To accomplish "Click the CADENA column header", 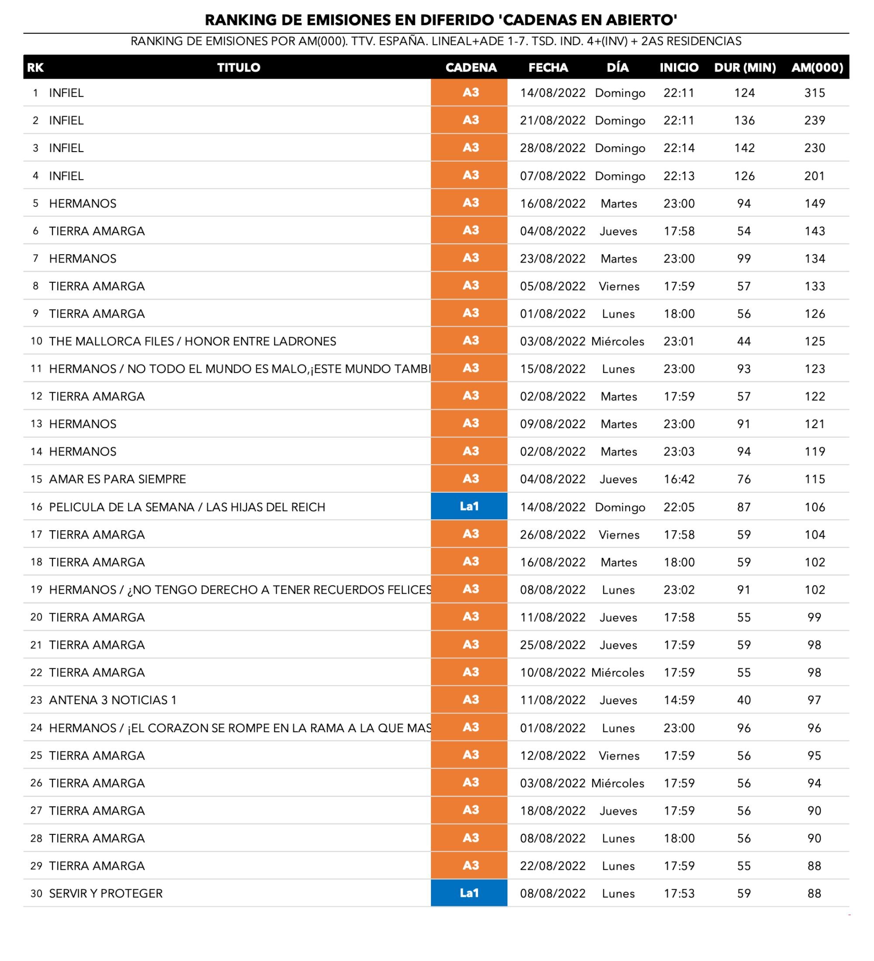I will [471, 68].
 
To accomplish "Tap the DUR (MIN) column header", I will [744, 68].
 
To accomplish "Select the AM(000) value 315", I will [815, 93].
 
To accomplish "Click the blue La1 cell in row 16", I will [469, 506].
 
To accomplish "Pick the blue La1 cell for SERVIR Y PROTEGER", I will [469, 893].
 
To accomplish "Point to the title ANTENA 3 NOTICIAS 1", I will [113, 700].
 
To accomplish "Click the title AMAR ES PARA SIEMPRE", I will [117, 479].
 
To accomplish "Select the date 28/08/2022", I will [552, 148].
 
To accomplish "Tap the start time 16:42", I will [679, 479].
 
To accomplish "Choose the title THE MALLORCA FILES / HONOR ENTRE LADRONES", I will [192, 341].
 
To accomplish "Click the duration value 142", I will [744, 148].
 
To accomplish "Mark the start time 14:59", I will [679, 700].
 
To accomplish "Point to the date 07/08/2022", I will [552, 176].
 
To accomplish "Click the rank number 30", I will [36, 893].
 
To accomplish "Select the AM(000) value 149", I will [815, 204].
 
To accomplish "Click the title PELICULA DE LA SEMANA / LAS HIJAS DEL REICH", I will [187, 507].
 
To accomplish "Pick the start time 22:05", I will [679, 507].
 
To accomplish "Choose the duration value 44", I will [744, 341].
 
